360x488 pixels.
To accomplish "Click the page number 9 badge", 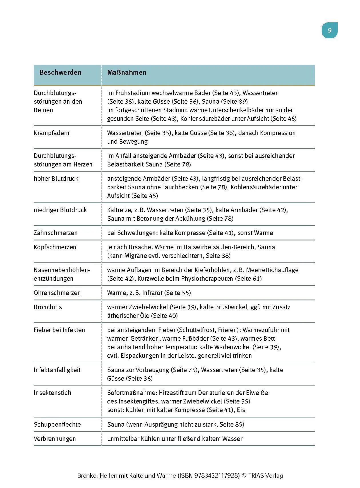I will click(329, 31).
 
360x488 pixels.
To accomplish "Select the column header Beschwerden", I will click(60, 73).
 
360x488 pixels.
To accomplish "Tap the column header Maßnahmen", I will click(127, 73).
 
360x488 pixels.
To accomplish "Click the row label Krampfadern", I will click(51, 133).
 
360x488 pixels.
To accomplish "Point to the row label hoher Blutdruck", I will click(56, 179).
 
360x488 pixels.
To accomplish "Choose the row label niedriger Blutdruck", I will click(60, 210).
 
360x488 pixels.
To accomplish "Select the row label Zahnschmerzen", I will click(56, 233).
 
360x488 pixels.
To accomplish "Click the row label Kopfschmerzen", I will click(55, 247).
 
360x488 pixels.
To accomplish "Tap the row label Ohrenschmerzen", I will click(57, 293).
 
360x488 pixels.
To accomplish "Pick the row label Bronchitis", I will click(48, 307).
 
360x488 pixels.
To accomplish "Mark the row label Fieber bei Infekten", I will click(59, 330).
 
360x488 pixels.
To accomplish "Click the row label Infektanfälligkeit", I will click(57, 370).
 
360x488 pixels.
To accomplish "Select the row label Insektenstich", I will click(52, 393).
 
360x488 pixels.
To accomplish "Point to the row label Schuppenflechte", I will click(57, 425).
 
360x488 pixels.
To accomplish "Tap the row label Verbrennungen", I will click(55, 439).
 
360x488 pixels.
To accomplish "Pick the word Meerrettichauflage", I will click(272, 270).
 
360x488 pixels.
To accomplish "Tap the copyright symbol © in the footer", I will click(244, 476).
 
